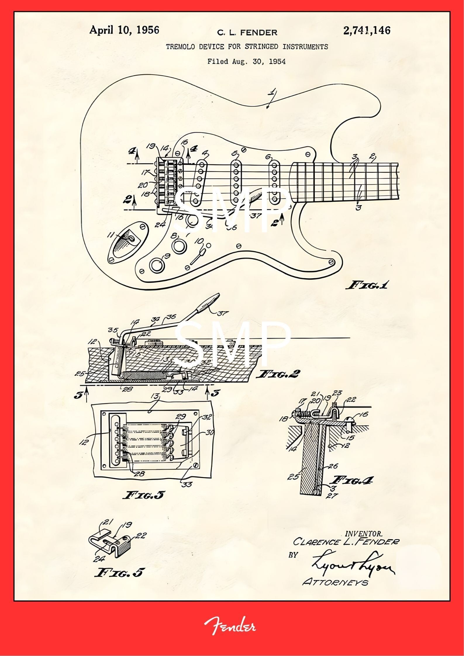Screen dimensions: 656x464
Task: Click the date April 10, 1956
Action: click(x=124, y=30)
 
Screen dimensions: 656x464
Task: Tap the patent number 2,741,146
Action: click(x=367, y=30)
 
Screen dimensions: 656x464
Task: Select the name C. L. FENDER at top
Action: click(x=247, y=32)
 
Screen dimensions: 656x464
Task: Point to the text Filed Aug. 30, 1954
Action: click(x=246, y=61)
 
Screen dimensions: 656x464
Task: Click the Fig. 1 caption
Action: click(x=367, y=285)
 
